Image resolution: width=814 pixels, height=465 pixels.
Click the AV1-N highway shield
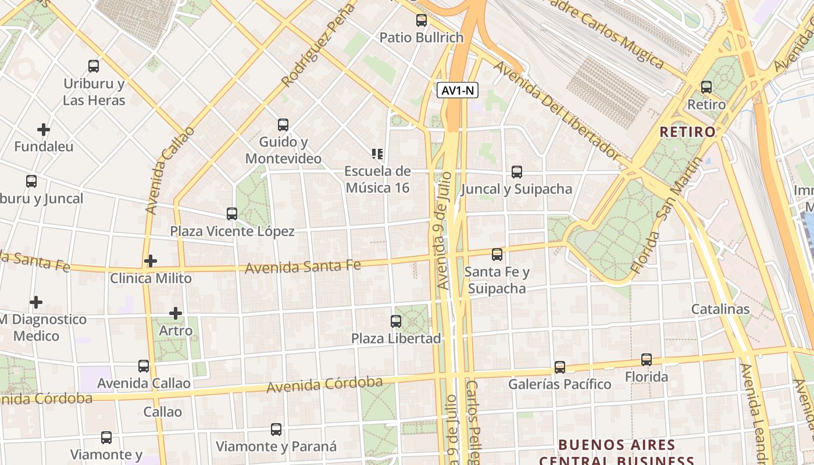pyautogui.click(x=458, y=90)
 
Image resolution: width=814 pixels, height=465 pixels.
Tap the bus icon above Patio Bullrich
pyautogui.click(x=422, y=21)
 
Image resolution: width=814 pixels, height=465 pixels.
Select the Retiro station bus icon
pyautogui.click(x=706, y=87)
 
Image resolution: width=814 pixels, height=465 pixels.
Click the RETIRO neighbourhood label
pyautogui.click(x=687, y=132)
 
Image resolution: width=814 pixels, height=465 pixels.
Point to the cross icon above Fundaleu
pyautogui.click(x=44, y=129)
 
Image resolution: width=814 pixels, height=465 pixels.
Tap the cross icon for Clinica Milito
pyautogui.click(x=151, y=261)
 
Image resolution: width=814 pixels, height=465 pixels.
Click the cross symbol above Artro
pyautogui.click(x=176, y=313)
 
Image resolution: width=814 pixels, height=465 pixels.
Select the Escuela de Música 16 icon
pyautogui.click(x=377, y=154)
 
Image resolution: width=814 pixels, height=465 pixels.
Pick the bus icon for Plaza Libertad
pyautogui.click(x=396, y=321)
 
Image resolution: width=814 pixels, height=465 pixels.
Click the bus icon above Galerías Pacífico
pyautogui.click(x=560, y=367)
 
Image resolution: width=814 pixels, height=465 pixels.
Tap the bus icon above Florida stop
pyautogui.click(x=647, y=360)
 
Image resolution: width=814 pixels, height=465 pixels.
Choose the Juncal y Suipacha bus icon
pyautogui.click(x=517, y=172)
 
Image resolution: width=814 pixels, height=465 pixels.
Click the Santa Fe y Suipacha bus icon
pyautogui.click(x=497, y=255)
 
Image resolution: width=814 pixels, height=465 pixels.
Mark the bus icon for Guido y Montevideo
pyautogui.click(x=283, y=125)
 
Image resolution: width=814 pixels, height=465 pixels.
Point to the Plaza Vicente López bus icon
pyautogui.click(x=232, y=214)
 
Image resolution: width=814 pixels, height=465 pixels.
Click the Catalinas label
pyautogui.click(x=720, y=309)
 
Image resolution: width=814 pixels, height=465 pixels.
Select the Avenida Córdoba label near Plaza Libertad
pyautogui.click(x=324, y=384)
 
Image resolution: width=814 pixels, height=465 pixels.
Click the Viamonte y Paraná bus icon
pyautogui.click(x=276, y=430)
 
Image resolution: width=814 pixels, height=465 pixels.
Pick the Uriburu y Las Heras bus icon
pyautogui.click(x=94, y=66)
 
